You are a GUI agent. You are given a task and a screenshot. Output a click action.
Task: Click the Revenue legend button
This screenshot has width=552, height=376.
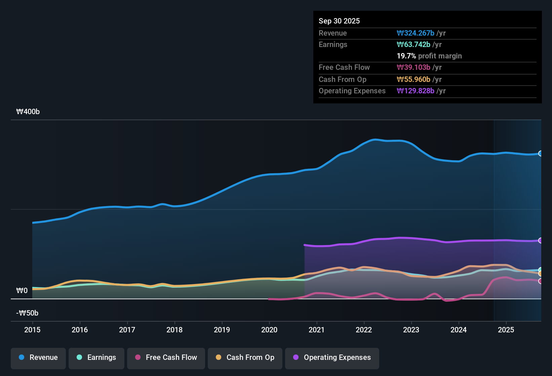[38, 358]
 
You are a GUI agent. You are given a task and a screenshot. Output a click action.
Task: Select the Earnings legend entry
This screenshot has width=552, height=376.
[96, 358]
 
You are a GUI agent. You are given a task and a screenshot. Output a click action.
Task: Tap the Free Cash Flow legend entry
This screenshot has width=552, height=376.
[166, 358]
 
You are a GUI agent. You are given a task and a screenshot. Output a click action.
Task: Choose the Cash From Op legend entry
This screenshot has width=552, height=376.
[245, 358]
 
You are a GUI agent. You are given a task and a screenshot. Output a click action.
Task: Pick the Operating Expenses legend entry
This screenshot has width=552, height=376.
[332, 358]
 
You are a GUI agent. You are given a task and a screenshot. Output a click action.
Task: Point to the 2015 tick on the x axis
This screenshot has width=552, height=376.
[32, 330]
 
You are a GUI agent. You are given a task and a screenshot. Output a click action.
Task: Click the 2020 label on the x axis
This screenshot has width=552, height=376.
[269, 330]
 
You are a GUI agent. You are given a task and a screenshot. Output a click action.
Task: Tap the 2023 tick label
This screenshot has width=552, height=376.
[411, 330]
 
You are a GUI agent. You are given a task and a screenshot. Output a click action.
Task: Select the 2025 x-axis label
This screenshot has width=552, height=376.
[506, 330]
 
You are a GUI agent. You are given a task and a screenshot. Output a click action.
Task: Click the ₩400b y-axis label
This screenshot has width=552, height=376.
[28, 112]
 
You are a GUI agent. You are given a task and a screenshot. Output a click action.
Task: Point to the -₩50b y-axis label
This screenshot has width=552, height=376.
[27, 313]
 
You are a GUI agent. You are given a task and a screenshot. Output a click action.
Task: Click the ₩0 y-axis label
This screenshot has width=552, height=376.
[22, 291]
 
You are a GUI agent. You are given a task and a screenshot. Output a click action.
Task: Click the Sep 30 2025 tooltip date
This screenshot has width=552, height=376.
[339, 21]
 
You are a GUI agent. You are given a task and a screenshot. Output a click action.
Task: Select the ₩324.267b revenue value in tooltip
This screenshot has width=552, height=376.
[416, 33]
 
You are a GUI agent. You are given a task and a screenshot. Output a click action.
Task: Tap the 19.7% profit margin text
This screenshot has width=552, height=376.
[429, 56]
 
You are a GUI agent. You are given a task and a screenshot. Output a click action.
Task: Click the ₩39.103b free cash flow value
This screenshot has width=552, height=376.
[413, 67]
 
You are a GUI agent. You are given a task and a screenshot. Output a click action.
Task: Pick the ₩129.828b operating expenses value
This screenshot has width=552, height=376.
[416, 91]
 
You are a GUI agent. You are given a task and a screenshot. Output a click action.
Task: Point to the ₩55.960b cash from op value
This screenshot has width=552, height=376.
[413, 79]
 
